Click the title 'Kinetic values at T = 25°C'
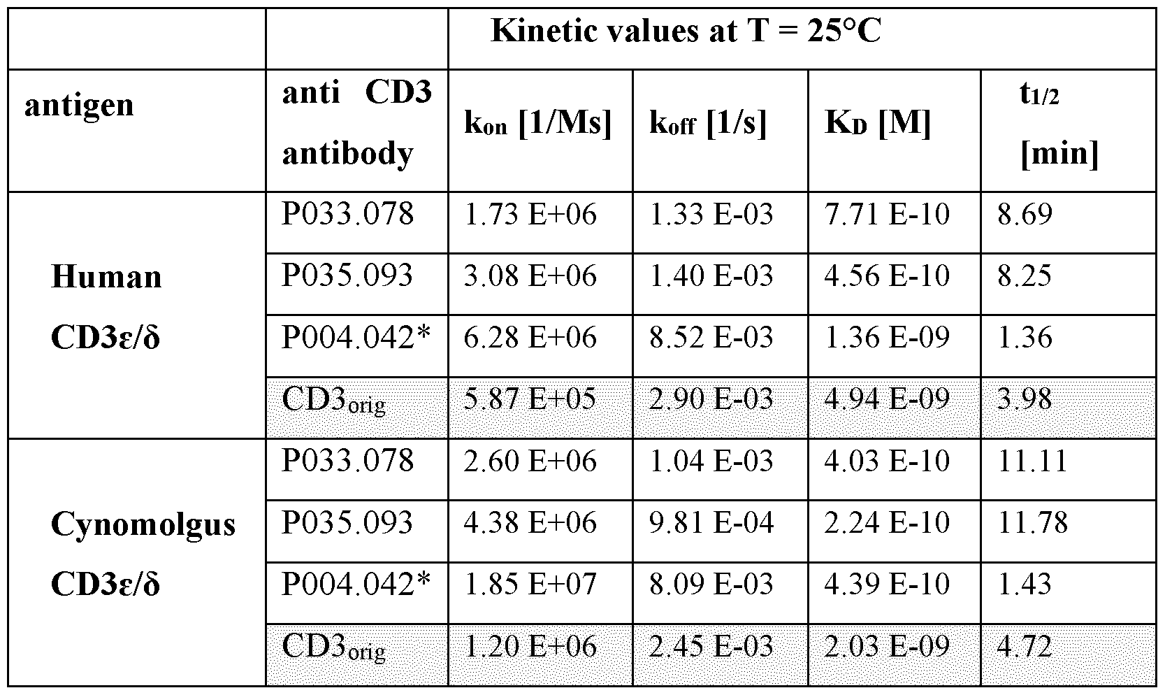(x=685, y=31)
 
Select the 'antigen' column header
(x=79, y=106)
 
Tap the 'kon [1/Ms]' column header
(x=538, y=123)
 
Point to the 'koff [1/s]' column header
(x=708, y=123)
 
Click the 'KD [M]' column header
(x=878, y=123)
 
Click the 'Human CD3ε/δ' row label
(x=106, y=308)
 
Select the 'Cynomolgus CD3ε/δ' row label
(x=143, y=554)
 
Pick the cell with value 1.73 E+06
(x=530, y=215)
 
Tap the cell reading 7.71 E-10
(x=887, y=215)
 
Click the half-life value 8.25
(x=1025, y=276)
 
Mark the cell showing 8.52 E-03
(x=711, y=338)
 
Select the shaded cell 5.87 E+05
(x=530, y=399)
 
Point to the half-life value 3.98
(x=1025, y=399)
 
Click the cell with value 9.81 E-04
(x=711, y=523)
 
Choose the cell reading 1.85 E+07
(x=530, y=585)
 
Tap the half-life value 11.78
(x=1033, y=523)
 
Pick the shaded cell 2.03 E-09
(x=887, y=646)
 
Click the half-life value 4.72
(x=1025, y=646)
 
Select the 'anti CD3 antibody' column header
(x=356, y=123)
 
